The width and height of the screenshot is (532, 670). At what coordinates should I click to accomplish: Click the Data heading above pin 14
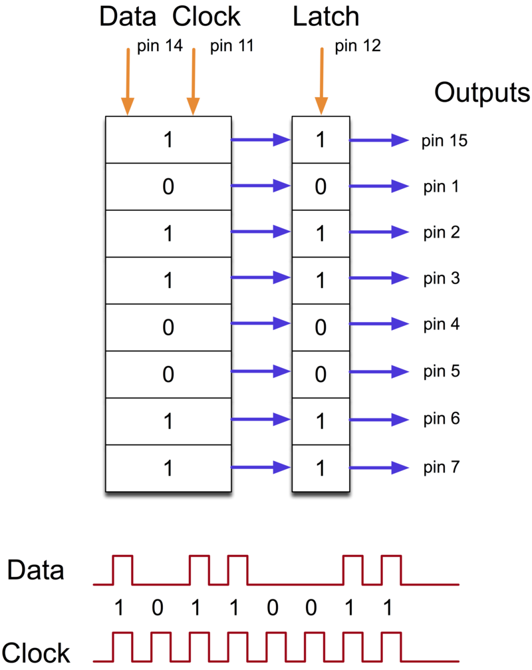(x=131, y=17)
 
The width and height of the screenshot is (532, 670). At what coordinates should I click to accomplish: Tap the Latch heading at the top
(x=326, y=17)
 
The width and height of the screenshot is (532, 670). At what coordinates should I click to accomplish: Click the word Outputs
(x=482, y=93)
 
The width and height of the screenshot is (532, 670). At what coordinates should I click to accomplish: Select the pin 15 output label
(x=444, y=140)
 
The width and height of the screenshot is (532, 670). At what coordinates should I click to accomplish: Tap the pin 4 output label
(x=441, y=325)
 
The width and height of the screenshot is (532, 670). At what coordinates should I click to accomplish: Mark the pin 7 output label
(x=441, y=467)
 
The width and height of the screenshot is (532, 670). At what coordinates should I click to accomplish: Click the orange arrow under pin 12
(x=321, y=80)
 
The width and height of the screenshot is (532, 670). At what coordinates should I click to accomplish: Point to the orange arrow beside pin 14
(x=127, y=80)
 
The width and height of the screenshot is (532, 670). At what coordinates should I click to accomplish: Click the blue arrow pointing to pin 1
(x=378, y=186)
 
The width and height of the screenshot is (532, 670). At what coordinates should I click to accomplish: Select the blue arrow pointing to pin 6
(x=378, y=420)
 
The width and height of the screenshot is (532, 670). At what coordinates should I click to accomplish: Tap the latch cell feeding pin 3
(x=321, y=280)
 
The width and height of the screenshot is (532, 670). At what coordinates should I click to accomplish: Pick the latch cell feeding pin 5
(x=321, y=374)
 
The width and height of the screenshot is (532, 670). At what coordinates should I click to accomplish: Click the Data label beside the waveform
(x=36, y=570)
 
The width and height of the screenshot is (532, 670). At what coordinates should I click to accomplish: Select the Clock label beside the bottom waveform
(x=36, y=653)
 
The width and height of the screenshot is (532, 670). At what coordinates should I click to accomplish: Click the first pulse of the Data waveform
(x=123, y=570)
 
